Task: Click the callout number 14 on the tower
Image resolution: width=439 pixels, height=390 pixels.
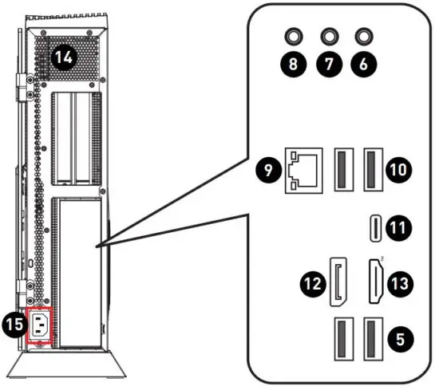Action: (62, 57)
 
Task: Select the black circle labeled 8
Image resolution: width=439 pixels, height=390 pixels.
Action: (294, 65)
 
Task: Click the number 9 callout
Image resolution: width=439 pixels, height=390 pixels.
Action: (268, 169)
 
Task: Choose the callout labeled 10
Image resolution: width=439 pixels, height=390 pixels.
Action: (399, 167)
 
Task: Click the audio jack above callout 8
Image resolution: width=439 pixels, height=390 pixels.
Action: (294, 36)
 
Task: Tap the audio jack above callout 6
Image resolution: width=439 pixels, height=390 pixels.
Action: (366, 36)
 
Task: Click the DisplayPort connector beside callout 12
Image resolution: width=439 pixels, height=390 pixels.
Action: (338, 283)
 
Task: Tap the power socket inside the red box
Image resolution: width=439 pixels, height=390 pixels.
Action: (41, 325)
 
